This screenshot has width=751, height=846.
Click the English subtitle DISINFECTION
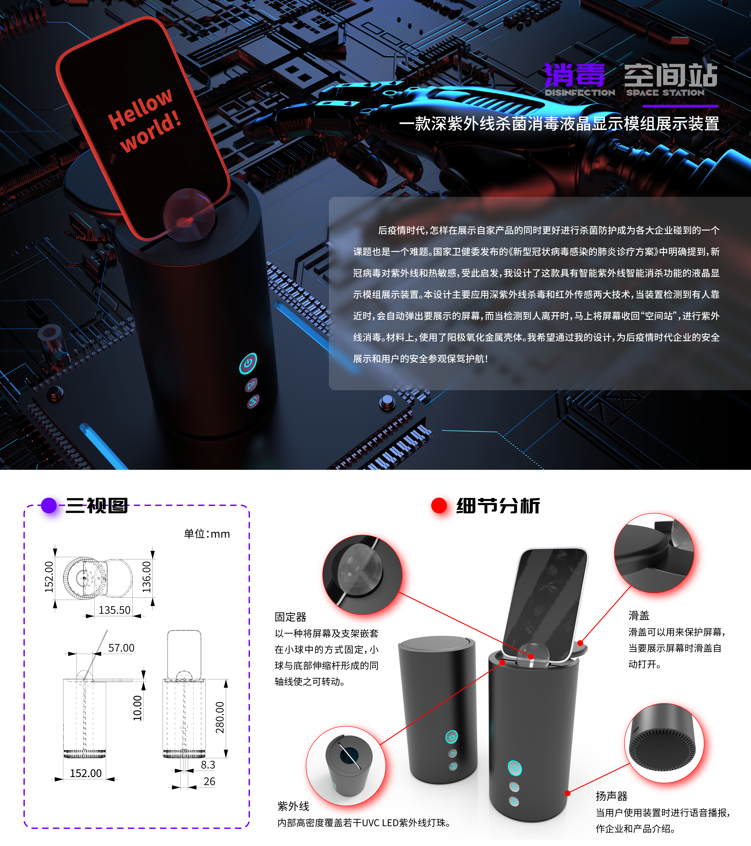coord(580,93)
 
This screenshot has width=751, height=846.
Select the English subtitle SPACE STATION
coord(665,93)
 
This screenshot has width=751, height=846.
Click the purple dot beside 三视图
coord(49,505)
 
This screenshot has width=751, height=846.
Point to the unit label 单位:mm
coord(207,534)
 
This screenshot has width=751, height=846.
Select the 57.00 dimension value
coord(121,648)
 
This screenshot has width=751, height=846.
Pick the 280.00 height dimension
coord(220,717)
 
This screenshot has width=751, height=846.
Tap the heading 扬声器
coord(611,796)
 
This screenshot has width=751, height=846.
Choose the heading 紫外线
coord(293,806)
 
